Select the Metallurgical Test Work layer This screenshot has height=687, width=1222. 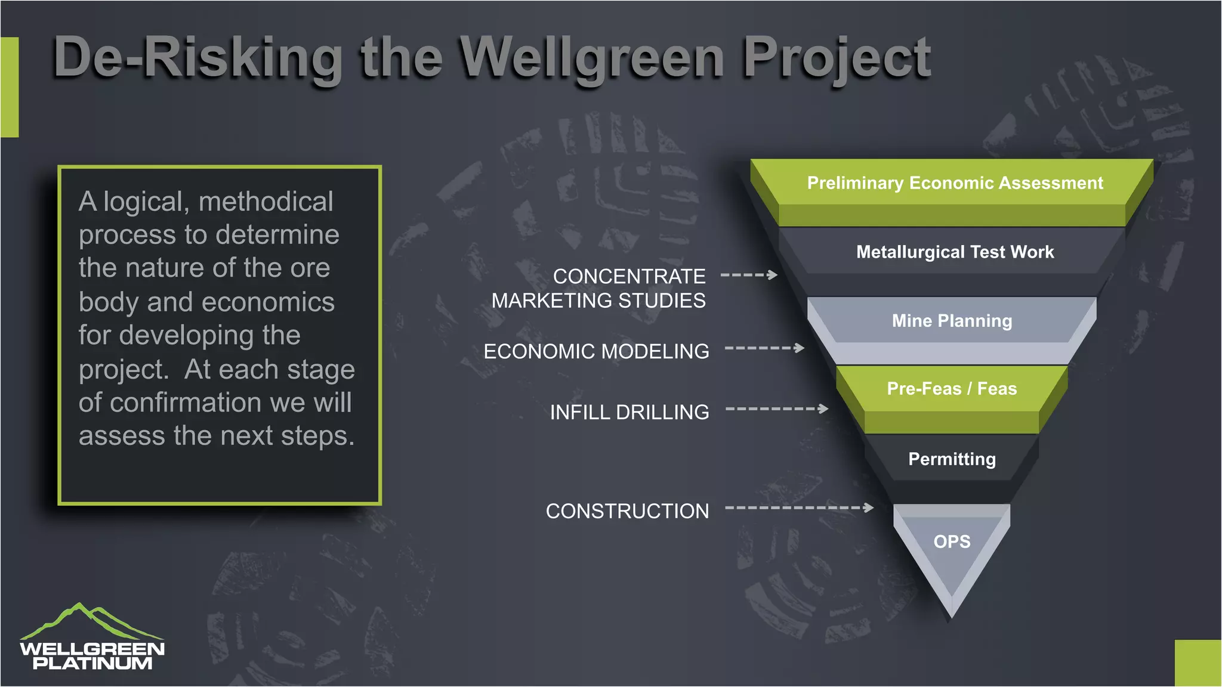954,252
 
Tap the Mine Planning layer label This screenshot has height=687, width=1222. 952,321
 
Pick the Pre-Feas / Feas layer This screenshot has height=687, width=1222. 952,389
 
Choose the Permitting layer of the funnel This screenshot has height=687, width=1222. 952,459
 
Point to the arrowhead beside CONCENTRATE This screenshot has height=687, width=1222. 773,275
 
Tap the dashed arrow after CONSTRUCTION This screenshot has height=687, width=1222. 800,508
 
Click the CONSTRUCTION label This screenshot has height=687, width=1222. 627,512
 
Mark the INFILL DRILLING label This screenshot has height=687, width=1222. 629,413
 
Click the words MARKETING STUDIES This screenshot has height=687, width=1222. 598,301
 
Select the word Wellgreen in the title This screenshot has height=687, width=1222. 592,58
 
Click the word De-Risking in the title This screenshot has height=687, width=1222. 198,58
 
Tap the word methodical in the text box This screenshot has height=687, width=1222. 266,202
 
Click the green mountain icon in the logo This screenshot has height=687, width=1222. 90,621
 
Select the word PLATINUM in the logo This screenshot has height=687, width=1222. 92,663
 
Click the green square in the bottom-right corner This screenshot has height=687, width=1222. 1198,663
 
